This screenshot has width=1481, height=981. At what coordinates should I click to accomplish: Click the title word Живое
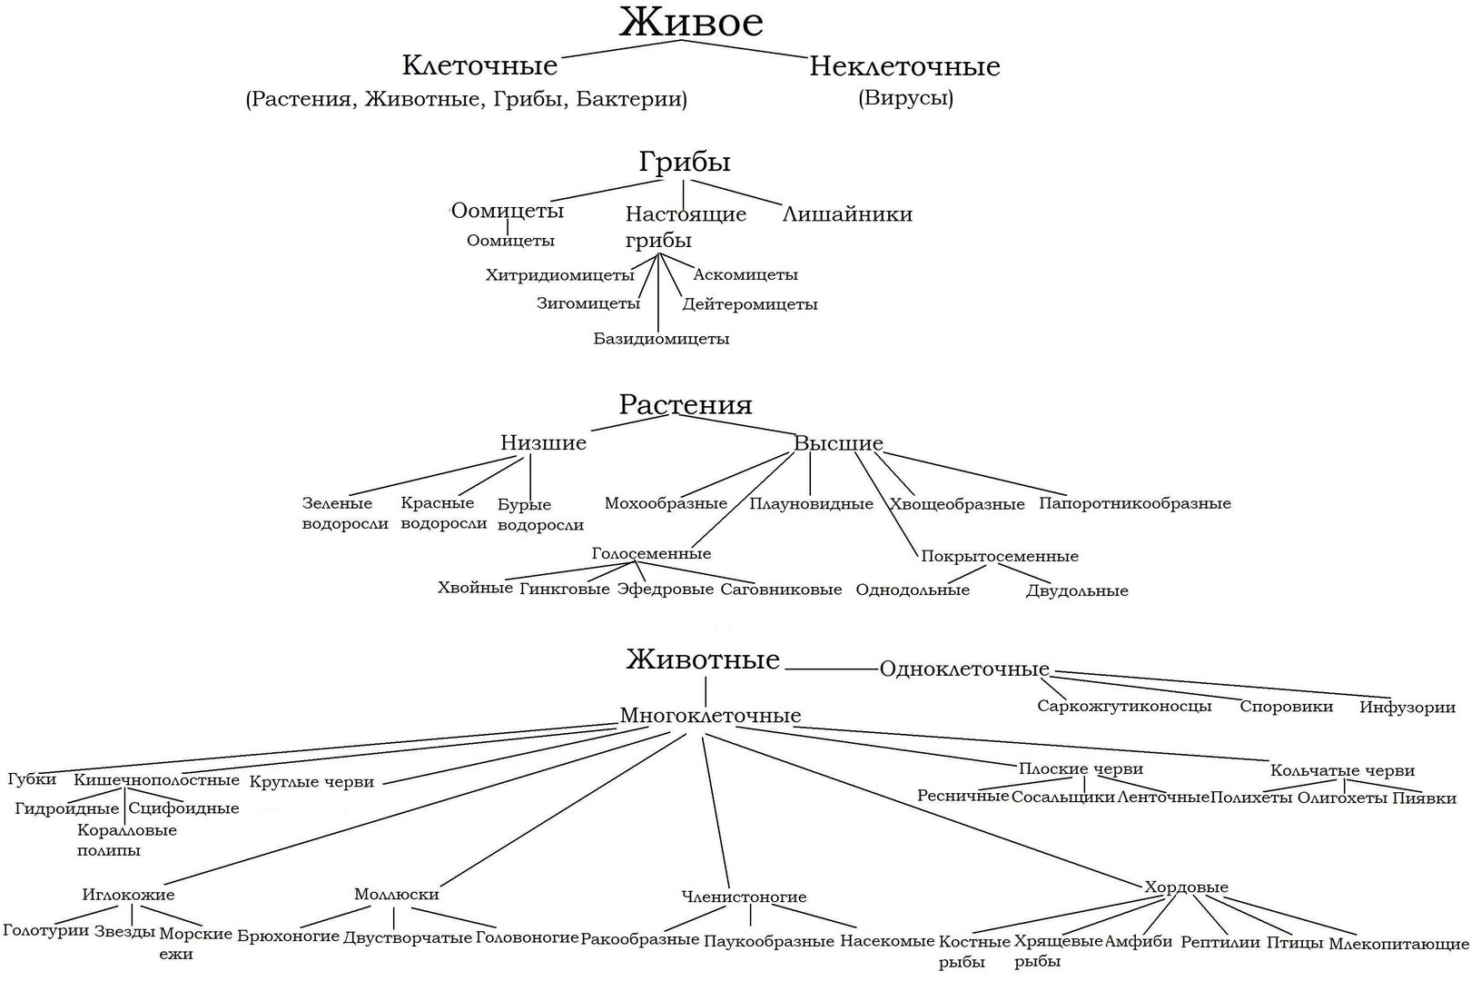(691, 24)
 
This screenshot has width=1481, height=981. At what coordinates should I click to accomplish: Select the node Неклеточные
(904, 66)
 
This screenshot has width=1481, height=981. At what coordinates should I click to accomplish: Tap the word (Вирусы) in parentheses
(905, 98)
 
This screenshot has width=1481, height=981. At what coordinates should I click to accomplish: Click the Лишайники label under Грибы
(847, 214)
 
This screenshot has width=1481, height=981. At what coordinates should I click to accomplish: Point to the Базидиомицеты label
(661, 339)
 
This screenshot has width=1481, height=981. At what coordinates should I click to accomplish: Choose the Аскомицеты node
(745, 274)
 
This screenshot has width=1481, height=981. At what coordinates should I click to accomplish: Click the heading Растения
(686, 404)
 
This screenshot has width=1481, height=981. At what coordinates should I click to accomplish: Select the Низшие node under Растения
(543, 443)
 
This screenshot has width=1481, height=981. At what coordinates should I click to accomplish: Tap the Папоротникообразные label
(1135, 503)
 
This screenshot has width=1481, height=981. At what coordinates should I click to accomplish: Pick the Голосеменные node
(651, 553)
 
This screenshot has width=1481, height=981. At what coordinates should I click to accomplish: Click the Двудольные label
(1077, 590)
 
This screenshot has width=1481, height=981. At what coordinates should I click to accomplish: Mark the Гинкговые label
(564, 589)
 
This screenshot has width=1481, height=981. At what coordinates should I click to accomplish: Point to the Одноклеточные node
(964, 669)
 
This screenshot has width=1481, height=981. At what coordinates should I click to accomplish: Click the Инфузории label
(1407, 707)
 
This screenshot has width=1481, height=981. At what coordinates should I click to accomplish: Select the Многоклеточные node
(710, 716)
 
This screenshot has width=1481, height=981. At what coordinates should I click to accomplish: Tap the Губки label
(32, 779)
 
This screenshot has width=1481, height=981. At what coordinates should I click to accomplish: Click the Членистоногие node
(744, 897)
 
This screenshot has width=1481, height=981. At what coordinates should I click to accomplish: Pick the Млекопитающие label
(1398, 944)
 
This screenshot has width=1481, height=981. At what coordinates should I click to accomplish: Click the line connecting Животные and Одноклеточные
(832, 669)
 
